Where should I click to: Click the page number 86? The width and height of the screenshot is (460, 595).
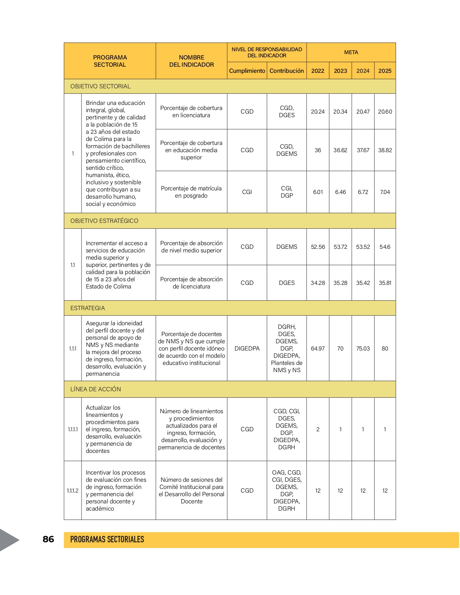[x=48, y=539]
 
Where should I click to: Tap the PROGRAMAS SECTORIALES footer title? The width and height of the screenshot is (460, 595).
[x=107, y=539]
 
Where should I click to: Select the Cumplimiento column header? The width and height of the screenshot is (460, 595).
[x=247, y=71]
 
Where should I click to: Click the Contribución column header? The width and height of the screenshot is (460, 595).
[x=287, y=71]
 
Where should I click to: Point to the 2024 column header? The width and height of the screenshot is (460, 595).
[x=363, y=71]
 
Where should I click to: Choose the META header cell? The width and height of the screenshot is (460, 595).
[x=351, y=52]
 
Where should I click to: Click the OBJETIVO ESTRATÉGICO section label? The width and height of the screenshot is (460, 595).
[x=104, y=221]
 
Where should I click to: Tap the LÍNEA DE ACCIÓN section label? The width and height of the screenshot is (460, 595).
[x=96, y=389]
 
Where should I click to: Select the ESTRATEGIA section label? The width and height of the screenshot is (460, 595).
[x=88, y=308]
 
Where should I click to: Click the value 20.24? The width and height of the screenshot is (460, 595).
[x=318, y=111]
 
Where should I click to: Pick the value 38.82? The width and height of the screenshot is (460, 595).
[x=385, y=150]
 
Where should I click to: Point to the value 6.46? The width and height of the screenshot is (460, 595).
[x=340, y=192]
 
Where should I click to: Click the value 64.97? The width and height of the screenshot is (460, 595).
[x=318, y=348]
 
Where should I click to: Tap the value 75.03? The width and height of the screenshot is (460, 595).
[x=363, y=348]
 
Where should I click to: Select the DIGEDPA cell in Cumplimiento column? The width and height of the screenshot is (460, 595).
[x=247, y=348]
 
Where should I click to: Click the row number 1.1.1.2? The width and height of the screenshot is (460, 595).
[x=73, y=490]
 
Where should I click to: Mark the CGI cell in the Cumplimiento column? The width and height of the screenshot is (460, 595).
[x=247, y=192]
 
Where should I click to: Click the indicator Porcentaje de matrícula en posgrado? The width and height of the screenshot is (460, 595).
[x=191, y=192]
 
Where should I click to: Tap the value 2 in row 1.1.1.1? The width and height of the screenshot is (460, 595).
[x=318, y=429]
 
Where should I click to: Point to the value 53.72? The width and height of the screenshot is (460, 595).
[x=340, y=247]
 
